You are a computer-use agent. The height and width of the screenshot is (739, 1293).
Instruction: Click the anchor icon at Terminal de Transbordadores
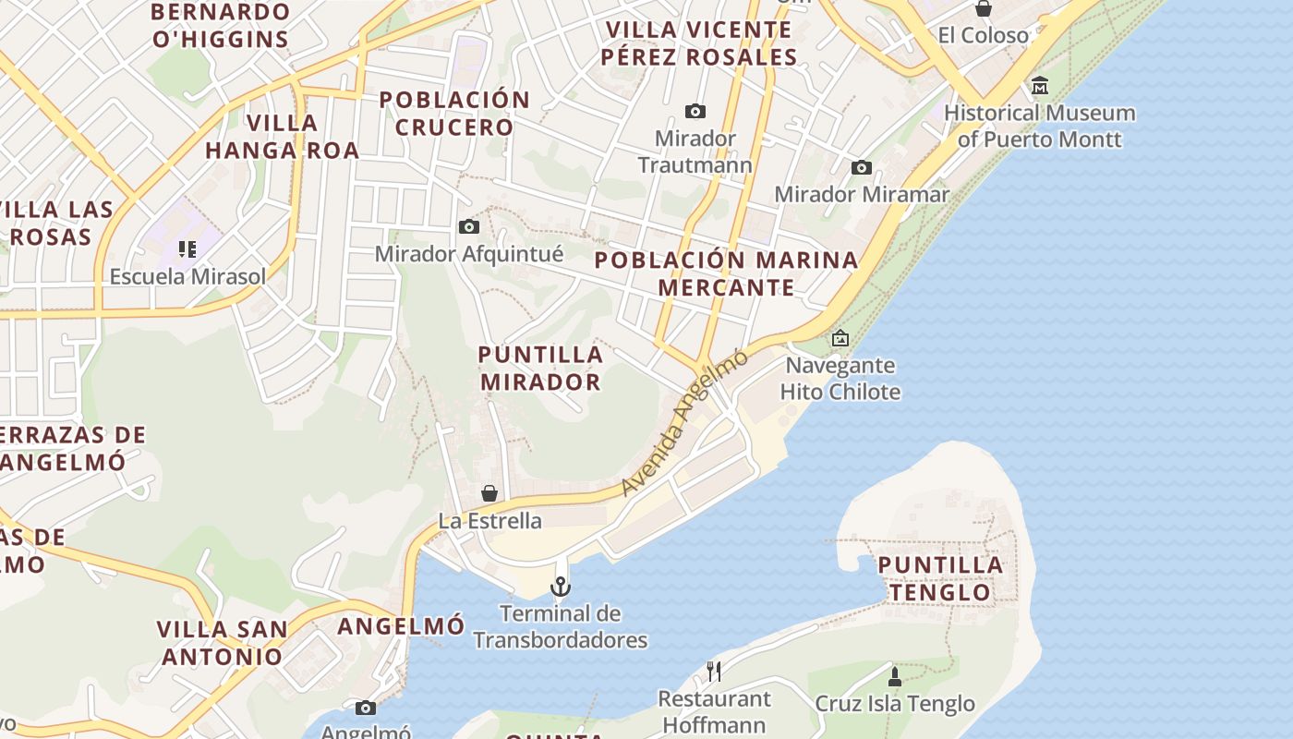(561, 587)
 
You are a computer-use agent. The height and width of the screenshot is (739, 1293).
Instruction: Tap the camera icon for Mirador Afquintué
(469, 226)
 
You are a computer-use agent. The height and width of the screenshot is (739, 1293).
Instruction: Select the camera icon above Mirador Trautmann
(695, 112)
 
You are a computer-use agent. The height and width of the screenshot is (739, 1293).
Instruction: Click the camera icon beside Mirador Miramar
(862, 167)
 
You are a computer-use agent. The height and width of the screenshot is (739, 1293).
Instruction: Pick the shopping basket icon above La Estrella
(489, 493)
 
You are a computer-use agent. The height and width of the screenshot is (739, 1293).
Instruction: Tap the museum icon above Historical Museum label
(1040, 86)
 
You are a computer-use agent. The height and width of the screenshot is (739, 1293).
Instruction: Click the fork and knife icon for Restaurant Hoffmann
(713, 671)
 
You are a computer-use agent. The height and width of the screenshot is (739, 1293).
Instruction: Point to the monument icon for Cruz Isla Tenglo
(894, 676)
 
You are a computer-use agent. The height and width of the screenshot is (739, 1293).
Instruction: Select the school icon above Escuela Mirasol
(187, 249)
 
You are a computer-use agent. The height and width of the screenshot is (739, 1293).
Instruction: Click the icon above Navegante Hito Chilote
(840, 338)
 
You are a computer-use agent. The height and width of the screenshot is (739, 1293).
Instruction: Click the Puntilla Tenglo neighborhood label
(940, 578)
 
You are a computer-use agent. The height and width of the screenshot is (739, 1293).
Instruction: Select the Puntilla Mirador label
(540, 368)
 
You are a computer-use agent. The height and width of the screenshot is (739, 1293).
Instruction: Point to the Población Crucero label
(454, 114)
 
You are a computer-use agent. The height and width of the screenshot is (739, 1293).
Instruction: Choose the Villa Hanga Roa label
(282, 137)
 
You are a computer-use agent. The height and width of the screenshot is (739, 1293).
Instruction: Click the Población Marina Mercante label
(726, 273)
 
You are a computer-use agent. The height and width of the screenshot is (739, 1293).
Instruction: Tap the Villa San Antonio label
(222, 643)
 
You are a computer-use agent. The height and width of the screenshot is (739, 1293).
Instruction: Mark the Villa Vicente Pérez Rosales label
(698, 43)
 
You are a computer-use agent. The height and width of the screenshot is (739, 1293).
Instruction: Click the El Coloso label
(983, 36)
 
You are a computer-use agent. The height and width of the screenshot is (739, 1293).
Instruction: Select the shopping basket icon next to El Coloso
(984, 8)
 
